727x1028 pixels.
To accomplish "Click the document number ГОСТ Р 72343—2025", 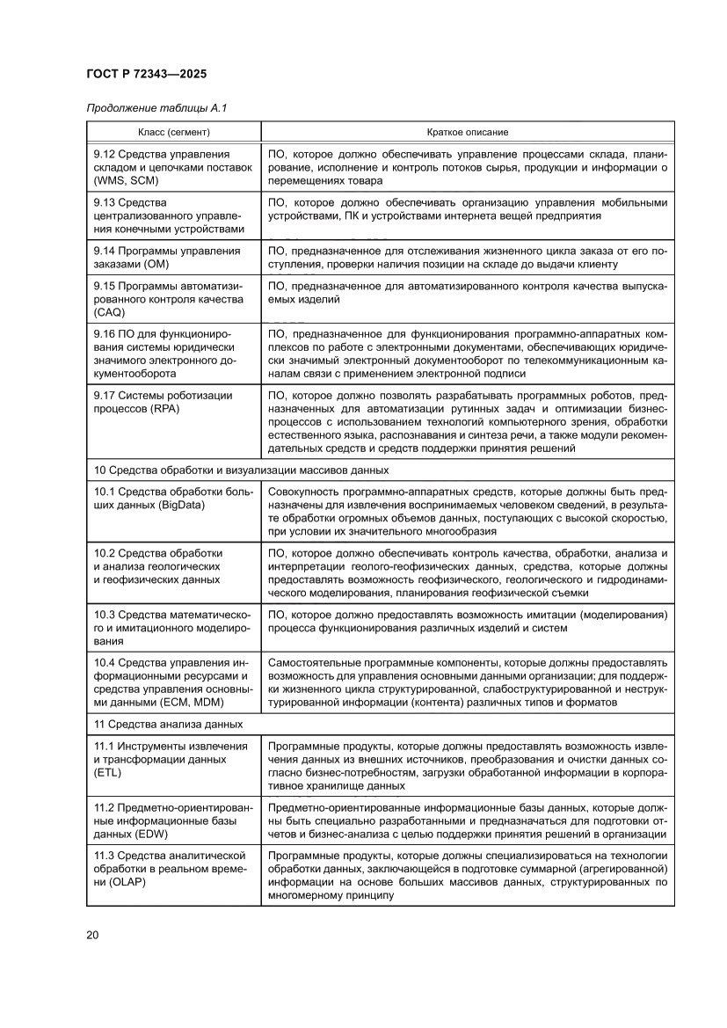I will click(x=147, y=75).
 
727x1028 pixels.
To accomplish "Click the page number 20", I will click(x=92, y=934).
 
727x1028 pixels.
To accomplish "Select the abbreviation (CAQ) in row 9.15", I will click(x=111, y=312).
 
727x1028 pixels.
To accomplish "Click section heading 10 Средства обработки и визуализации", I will click(x=241, y=470).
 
